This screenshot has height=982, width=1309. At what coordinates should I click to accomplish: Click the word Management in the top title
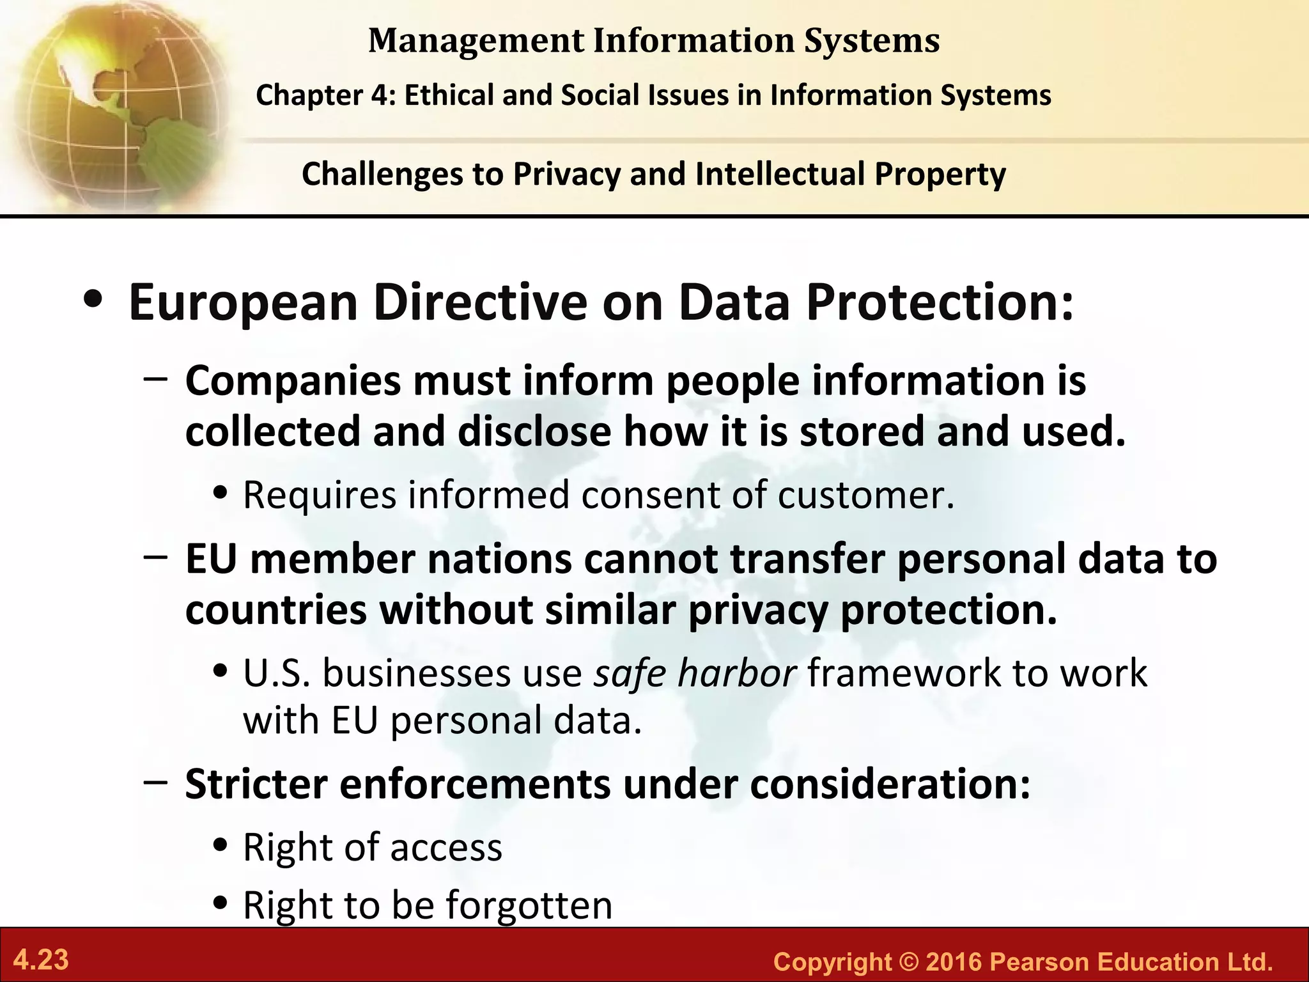tap(476, 41)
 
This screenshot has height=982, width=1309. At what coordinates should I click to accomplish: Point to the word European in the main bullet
tap(243, 302)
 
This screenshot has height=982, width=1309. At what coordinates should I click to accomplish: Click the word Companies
tap(293, 381)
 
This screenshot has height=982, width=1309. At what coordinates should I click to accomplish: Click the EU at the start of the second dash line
tap(211, 559)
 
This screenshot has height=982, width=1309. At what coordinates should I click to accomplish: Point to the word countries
tap(276, 611)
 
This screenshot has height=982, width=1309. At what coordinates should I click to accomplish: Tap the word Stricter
tap(256, 784)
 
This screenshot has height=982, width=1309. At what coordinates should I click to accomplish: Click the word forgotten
tap(529, 905)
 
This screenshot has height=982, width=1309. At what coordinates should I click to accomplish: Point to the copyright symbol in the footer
tap(908, 962)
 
